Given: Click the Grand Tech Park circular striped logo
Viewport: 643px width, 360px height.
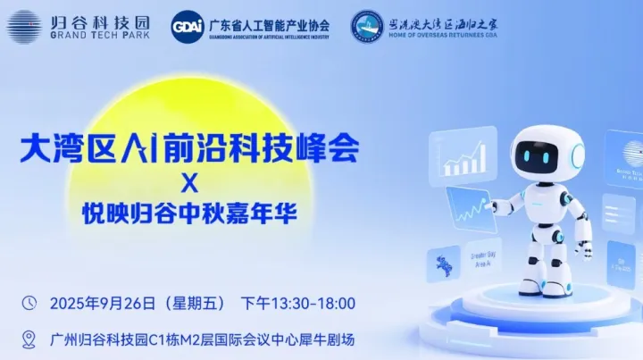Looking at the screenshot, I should (23, 24).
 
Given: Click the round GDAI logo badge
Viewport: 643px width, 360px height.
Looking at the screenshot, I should (187, 25).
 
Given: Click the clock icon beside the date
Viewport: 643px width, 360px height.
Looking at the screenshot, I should (29, 303).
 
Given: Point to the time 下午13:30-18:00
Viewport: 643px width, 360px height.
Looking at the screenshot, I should (298, 304).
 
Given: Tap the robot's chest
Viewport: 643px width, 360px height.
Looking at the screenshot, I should (546, 205).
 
